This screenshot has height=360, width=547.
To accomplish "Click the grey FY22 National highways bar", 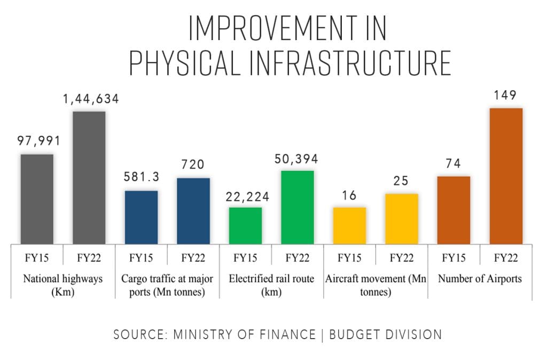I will (x=89, y=178).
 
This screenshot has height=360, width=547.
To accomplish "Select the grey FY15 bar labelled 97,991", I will (x=37, y=199).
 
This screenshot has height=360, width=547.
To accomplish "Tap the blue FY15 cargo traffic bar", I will (x=141, y=217).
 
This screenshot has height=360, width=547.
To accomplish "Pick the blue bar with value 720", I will (x=193, y=211).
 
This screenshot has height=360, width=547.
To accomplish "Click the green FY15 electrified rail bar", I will (x=245, y=225).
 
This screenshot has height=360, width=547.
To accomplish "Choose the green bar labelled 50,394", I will (x=298, y=207).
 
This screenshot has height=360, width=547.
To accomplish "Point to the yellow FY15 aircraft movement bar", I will (x=349, y=225).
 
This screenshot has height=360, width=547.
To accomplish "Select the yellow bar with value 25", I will (x=402, y=219).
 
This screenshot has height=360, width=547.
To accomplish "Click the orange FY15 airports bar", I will (x=454, y=210).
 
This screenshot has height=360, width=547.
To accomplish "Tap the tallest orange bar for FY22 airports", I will (x=506, y=176).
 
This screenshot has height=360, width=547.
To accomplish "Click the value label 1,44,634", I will (x=89, y=99).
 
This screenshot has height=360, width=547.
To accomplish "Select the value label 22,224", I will (x=245, y=197).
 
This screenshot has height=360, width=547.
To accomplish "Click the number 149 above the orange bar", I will (x=505, y=96).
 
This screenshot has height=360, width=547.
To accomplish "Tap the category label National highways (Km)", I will (x=63, y=285).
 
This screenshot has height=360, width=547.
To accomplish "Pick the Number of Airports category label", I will (x=480, y=278).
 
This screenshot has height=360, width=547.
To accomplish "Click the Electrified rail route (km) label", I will (x=271, y=285).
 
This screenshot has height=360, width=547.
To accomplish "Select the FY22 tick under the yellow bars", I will (x=402, y=258).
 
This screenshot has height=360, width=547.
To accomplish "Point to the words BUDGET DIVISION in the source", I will (x=386, y=334).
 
